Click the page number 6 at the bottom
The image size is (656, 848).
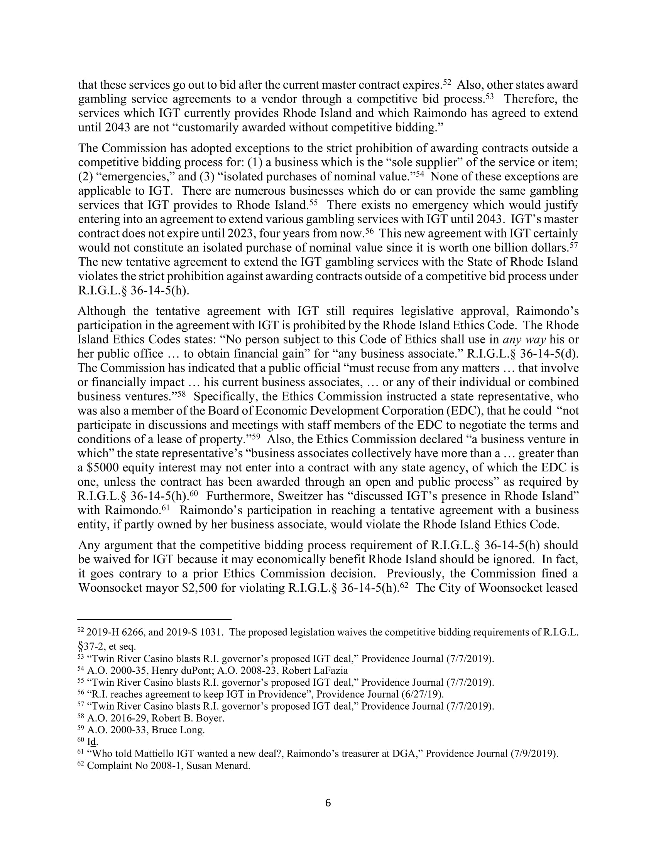click(328, 803)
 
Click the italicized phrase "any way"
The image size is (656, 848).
click(524, 340)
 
